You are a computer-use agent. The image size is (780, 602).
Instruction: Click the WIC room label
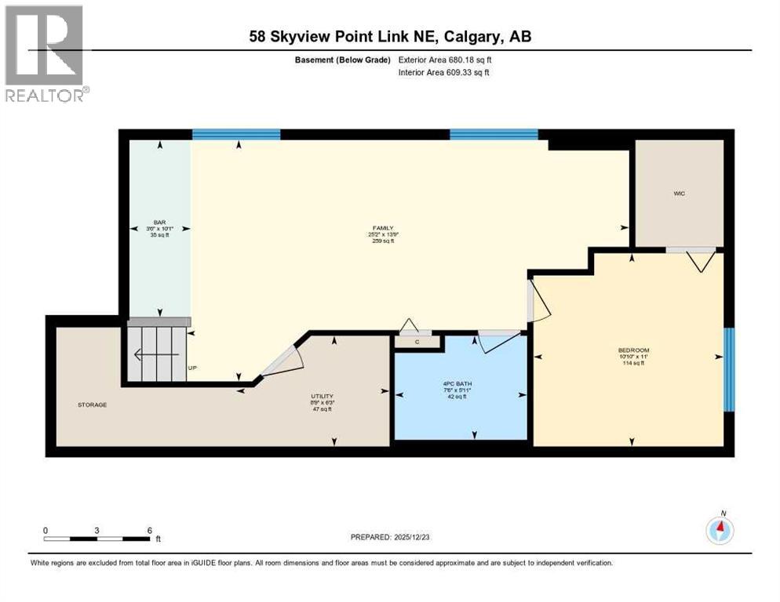coord(679,194)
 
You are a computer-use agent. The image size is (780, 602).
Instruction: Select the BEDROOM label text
coord(633,350)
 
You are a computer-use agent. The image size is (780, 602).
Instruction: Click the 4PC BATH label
coord(460,383)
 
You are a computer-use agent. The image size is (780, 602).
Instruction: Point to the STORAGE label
coord(92,404)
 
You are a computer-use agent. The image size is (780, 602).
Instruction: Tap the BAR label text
coord(159,223)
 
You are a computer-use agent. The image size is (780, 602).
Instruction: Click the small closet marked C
coord(417,341)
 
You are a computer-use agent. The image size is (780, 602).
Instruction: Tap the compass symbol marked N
coord(720,531)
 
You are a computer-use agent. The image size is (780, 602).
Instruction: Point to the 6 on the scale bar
coord(148,530)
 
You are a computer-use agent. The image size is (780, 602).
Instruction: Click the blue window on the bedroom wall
coord(728,369)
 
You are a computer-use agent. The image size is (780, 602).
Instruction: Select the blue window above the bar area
coord(235,134)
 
